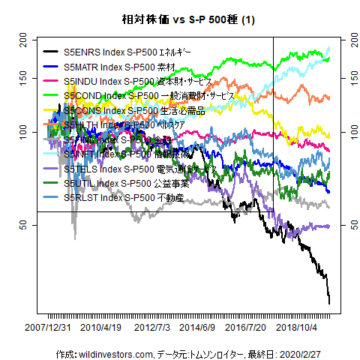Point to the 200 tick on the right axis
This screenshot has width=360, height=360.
[346, 37]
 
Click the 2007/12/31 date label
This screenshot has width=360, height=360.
[47, 328]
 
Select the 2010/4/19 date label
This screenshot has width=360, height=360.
[101, 328]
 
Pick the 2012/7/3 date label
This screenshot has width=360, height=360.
[153, 328]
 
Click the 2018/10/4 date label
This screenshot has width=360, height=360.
[301, 328]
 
